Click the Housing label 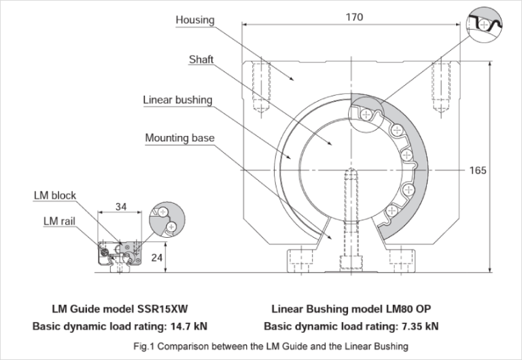[195, 20]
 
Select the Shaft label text [201, 60]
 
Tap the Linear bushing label [177, 100]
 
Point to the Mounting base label [179, 138]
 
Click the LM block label [55, 196]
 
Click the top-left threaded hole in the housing [258, 88]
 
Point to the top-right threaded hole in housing [438, 88]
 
